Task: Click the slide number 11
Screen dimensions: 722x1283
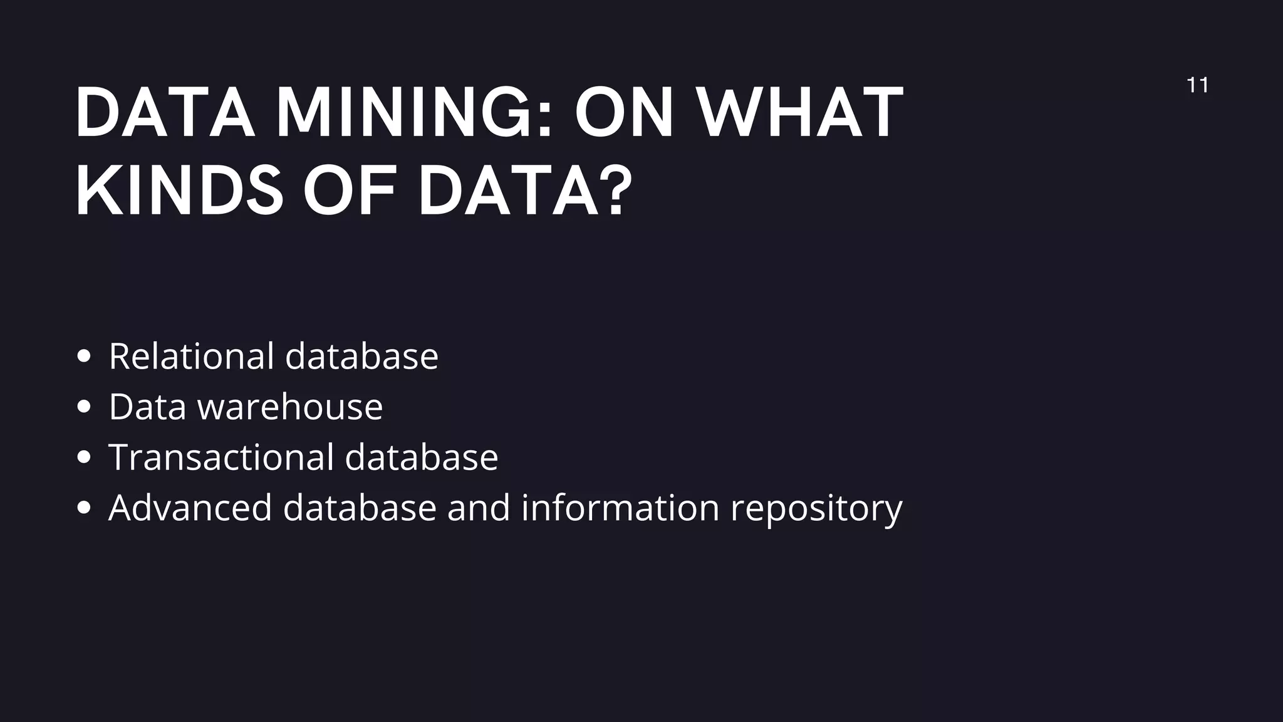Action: pyautogui.click(x=1197, y=85)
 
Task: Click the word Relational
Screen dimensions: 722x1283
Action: pyautogui.click(x=192, y=356)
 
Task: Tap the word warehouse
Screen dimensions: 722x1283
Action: pyautogui.click(x=290, y=407)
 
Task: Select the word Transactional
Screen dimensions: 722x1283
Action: pyautogui.click(x=221, y=457)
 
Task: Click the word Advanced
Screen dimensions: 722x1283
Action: pyautogui.click(x=190, y=507)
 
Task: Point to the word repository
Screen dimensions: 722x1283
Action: pyautogui.click(x=816, y=508)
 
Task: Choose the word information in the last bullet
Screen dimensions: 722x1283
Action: pyautogui.click(x=620, y=507)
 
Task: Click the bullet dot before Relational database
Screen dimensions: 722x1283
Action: pyautogui.click(x=83, y=357)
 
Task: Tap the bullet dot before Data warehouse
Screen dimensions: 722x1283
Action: pyautogui.click(x=83, y=407)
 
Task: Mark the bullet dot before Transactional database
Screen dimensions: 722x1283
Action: pyautogui.click(x=83, y=457)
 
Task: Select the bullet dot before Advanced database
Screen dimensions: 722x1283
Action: pyautogui.click(x=83, y=508)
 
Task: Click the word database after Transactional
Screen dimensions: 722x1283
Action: pyautogui.click(x=422, y=457)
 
